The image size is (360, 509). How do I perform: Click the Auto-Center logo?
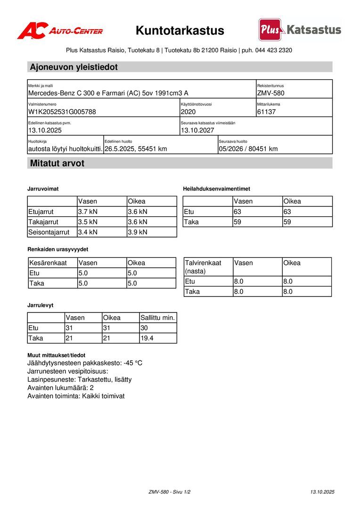(60, 31)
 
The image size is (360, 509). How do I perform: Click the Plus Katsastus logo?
(300, 30)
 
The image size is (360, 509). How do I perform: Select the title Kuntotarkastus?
(180, 31)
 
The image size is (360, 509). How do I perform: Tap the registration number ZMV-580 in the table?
(271, 93)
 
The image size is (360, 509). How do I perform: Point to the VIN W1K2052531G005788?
(62, 112)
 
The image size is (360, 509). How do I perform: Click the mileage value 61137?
(267, 112)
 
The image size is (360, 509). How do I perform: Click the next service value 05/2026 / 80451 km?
(248, 149)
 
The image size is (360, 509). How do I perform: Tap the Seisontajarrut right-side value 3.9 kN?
(138, 232)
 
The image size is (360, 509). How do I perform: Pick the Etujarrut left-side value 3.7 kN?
(88, 212)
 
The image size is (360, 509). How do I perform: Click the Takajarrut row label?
(43, 222)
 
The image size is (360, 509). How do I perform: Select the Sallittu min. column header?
(158, 318)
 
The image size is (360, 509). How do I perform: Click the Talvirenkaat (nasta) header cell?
(203, 267)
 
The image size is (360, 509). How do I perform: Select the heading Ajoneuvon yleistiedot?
(74, 67)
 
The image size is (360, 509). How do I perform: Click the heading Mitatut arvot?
(57, 164)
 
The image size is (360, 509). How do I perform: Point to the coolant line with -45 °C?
(85, 363)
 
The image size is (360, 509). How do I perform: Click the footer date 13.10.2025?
(322, 492)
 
